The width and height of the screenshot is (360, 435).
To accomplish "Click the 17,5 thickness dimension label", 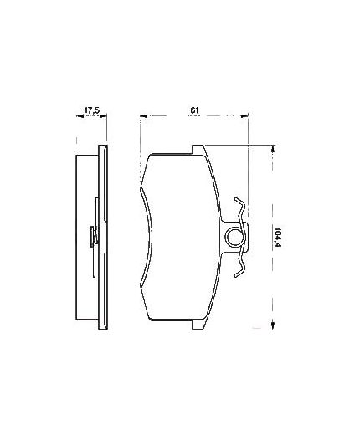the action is [x=92, y=110].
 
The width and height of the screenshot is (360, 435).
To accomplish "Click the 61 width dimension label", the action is [x=194, y=110].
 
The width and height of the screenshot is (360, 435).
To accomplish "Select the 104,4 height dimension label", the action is [x=278, y=238].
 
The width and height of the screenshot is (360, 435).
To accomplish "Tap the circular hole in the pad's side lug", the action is [x=234, y=237].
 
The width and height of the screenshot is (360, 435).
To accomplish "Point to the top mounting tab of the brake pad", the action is [x=198, y=149].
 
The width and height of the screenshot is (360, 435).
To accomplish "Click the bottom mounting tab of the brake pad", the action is [x=198, y=325].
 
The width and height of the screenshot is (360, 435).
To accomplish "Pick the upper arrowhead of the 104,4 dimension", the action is [x=273, y=148].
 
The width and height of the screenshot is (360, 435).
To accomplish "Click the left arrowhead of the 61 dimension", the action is [x=143, y=115].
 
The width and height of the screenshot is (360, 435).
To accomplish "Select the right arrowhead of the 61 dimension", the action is [x=244, y=115].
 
